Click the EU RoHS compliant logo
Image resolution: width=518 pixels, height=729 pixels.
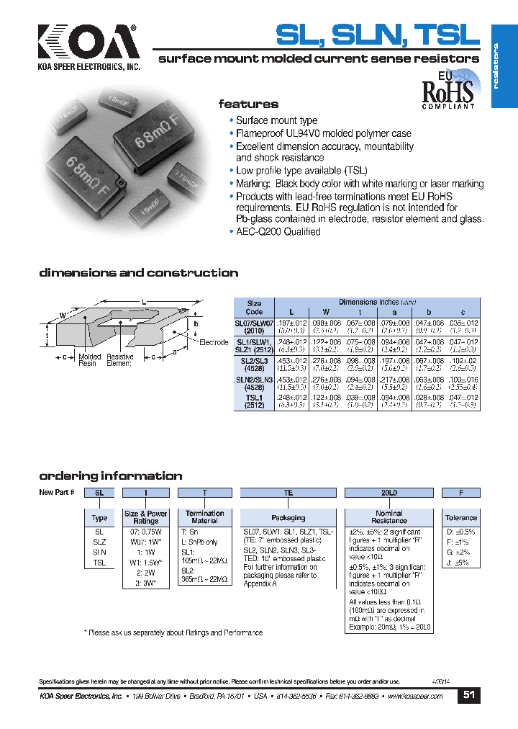tap(447, 89)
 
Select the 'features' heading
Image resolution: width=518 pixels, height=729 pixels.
tap(248, 104)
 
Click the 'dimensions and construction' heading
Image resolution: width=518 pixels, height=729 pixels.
tap(138, 273)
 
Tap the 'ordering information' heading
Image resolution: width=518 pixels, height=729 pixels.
tap(110, 476)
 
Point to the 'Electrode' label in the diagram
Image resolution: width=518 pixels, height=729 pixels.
tap(214, 342)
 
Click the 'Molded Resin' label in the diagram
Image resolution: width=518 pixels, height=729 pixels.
tap(90, 360)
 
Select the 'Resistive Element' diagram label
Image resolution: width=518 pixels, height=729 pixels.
tap(119, 360)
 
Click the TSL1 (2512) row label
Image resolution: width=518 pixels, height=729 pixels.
tap(254, 401)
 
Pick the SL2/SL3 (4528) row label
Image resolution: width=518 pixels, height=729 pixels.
tap(254, 364)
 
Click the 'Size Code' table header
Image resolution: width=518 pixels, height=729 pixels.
tap(254, 308)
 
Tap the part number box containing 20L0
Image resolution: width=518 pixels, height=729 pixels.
tap(388, 493)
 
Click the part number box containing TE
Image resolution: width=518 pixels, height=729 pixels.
tap(288, 493)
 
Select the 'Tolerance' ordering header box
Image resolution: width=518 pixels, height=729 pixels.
tap(460, 518)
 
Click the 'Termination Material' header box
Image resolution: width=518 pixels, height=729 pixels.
tap(204, 517)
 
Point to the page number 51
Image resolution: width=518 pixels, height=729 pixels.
tap(468, 695)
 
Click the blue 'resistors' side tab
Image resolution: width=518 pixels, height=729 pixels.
tap(504, 66)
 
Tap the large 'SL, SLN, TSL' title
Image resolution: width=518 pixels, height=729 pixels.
tap(378, 35)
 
